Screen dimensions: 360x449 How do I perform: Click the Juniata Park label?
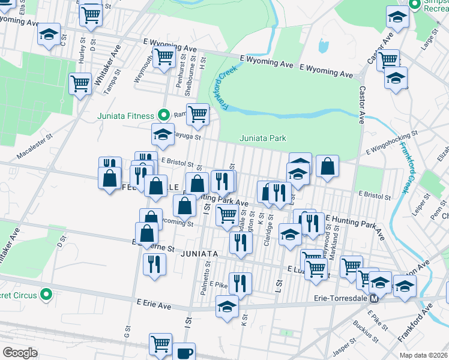(263, 138)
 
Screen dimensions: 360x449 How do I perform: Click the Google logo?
(20, 352)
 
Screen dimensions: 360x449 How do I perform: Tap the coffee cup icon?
(185, 352)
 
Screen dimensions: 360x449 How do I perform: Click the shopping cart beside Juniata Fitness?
(197, 113)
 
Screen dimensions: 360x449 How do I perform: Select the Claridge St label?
(266, 236)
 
